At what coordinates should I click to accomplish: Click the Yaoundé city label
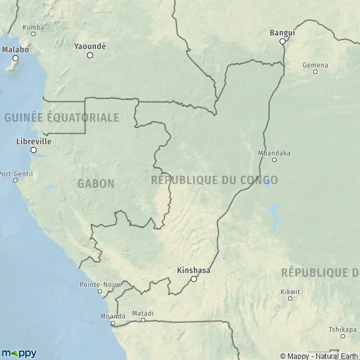89,46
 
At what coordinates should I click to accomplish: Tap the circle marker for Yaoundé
90,55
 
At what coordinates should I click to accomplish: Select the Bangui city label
282,32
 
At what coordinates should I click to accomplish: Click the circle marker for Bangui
283,41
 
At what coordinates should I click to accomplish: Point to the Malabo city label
15,50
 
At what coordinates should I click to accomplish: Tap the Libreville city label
34,141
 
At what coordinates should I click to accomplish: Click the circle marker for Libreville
34,150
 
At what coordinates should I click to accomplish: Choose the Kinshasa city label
194,271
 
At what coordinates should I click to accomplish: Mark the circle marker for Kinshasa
194,279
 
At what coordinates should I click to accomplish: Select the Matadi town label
143,313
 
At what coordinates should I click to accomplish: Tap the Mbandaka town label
274,153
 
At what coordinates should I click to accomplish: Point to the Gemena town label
316,65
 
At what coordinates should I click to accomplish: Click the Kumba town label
33,27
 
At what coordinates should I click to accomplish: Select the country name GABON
96,184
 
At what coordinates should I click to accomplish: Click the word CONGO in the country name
258,179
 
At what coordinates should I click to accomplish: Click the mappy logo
19,353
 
